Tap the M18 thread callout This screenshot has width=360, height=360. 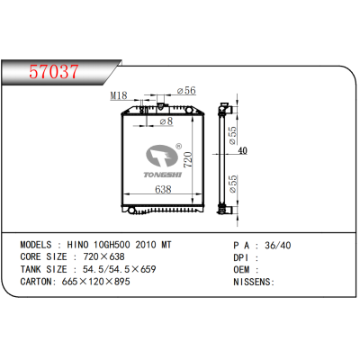click(x=118, y=94)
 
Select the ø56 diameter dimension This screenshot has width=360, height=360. click(x=186, y=91)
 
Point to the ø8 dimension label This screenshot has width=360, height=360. click(x=165, y=121)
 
